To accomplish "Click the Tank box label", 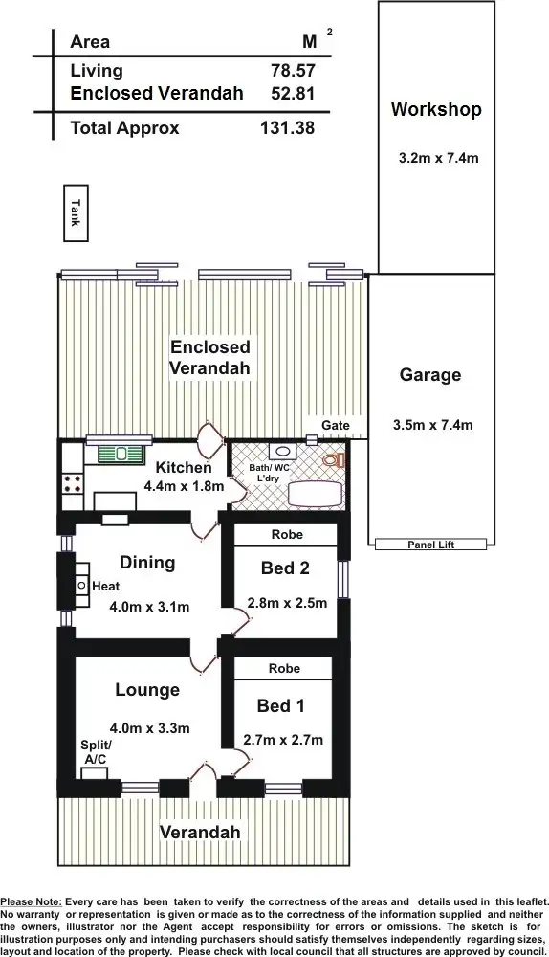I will [x=75, y=211].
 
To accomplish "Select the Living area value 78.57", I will [x=293, y=71].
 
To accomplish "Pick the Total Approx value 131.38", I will [x=287, y=128].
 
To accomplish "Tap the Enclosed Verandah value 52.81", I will [x=293, y=93].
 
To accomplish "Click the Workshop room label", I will [x=436, y=110].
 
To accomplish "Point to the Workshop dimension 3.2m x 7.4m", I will [x=438, y=158].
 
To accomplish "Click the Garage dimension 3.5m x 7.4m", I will [x=431, y=425].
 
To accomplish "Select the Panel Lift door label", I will [x=431, y=545].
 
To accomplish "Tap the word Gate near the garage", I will [x=335, y=425].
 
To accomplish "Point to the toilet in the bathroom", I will [x=331, y=460].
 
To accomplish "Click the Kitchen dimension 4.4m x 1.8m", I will [x=184, y=486].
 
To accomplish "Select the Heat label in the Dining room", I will [x=106, y=585].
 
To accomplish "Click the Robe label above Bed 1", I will [x=285, y=668].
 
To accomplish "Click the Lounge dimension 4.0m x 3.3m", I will [x=149, y=727].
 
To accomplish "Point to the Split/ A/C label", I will [x=96, y=751].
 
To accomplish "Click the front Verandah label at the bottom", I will [x=199, y=832].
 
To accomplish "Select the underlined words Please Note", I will [x=32, y=901].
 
